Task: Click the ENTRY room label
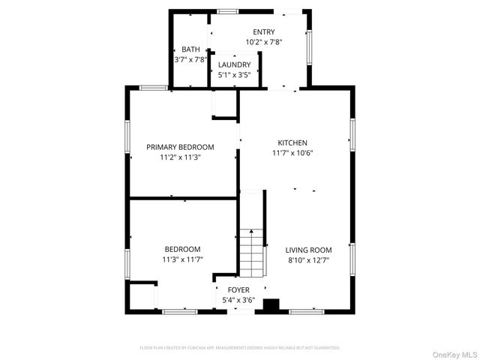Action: click(x=263, y=31)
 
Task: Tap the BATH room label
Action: click(x=190, y=49)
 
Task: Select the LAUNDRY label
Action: click(x=234, y=65)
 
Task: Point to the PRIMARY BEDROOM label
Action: click(x=180, y=147)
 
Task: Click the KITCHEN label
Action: click(x=292, y=142)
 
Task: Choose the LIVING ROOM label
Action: click(x=307, y=250)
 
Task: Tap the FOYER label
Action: click(x=238, y=289)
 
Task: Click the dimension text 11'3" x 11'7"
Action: click(x=183, y=259)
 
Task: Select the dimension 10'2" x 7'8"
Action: click(x=263, y=42)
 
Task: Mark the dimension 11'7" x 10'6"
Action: click(x=292, y=153)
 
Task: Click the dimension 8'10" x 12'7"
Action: click(x=307, y=260)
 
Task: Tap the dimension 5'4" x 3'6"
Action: click(x=238, y=300)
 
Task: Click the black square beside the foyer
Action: click(x=271, y=305)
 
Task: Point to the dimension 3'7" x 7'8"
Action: click(x=190, y=59)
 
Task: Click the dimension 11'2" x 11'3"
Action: click(x=180, y=157)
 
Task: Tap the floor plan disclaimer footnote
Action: click(x=240, y=348)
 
